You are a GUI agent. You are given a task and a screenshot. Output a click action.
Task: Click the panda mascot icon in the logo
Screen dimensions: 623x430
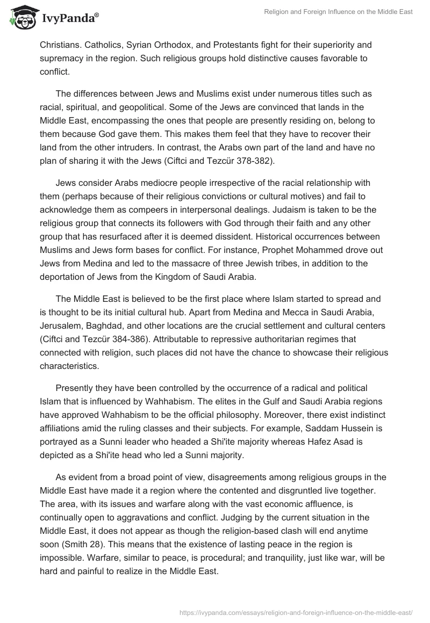click(20, 17)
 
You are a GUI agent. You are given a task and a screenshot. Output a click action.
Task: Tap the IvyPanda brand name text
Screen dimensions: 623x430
click(67, 18)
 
